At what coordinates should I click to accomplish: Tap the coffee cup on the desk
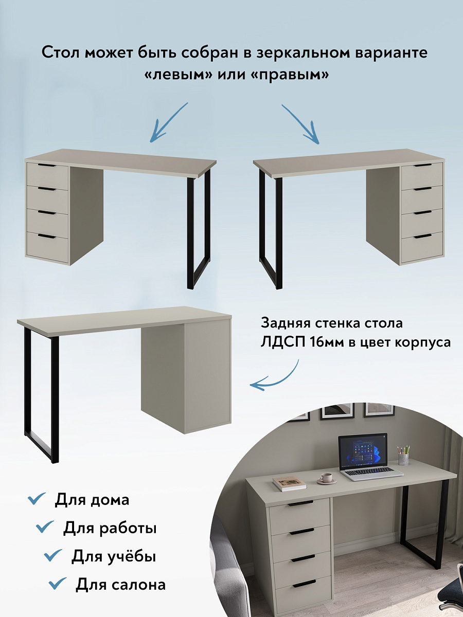coord(326,478)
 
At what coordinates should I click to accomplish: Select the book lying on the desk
coord(289,483)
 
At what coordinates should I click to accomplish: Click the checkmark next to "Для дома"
coord(37,499)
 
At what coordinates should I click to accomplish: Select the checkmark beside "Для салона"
coord(58,584)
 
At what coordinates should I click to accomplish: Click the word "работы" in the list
coord(131,528)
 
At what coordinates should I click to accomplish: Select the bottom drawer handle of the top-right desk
coord(422,236)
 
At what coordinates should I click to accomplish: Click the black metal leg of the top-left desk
coord(190,231)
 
